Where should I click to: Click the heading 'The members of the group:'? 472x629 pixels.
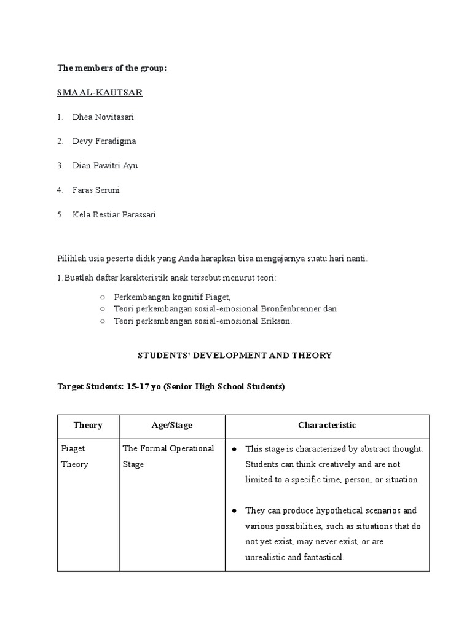(x=112, y=68)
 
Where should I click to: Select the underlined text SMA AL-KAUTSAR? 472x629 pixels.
(x=100, y=92)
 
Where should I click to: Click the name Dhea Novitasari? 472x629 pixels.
(x=103, y=117)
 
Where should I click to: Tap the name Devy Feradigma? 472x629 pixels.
(x=104, y=141)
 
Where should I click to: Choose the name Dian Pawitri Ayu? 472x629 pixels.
(x=105, y=166)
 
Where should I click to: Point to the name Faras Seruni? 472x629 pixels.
(x=96, y=190)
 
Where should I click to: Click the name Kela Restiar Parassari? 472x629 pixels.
(x=114, y=215)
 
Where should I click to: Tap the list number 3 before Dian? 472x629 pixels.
(x=60, y=166)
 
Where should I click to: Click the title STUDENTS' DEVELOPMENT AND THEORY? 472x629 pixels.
(x=234, y=355)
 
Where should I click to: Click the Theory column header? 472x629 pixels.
(x=88, y=425)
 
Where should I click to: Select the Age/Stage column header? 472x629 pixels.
(x=171, y=425)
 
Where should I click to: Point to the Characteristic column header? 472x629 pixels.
(x=327, y=425)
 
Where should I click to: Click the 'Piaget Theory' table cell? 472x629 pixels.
(x=74, y=456)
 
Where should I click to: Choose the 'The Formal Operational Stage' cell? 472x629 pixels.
(x=168, y=456)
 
